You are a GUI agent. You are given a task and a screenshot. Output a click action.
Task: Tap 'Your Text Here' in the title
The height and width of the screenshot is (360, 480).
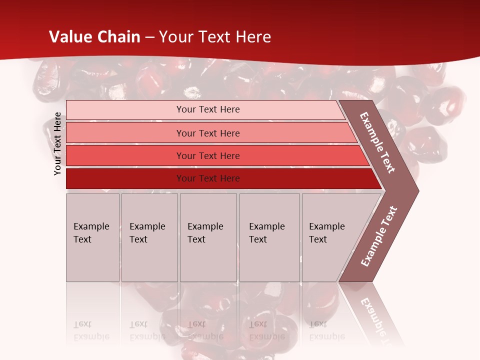pos(215,37)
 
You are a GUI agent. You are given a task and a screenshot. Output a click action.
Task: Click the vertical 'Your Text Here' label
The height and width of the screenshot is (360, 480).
pos(57,144)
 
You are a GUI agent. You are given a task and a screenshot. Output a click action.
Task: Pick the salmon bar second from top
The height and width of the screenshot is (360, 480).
pos(207,133)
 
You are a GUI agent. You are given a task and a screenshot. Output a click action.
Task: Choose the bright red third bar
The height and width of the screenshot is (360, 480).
pos(207,155)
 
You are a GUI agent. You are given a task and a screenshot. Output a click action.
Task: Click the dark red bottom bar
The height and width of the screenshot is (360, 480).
pos(207,178)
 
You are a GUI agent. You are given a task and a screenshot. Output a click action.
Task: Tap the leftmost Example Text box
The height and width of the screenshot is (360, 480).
pos(92,237)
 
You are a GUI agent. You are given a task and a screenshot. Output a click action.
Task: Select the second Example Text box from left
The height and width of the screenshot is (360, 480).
pos(149,237)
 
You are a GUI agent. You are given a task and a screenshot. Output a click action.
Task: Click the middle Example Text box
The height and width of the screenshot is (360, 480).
pos(208,237)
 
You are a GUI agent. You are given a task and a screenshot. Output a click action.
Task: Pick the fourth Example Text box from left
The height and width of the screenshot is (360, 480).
pos(269,237)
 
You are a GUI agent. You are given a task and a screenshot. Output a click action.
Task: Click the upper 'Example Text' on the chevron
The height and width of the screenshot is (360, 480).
pos(377,142)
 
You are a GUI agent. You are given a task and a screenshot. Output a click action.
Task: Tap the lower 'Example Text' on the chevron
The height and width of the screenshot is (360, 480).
pos(379,236)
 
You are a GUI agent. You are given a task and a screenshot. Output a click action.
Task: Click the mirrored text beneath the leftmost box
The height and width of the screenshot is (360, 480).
pos(91,330)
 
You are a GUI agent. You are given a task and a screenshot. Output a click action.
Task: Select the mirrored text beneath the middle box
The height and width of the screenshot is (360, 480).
pos(205,330)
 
